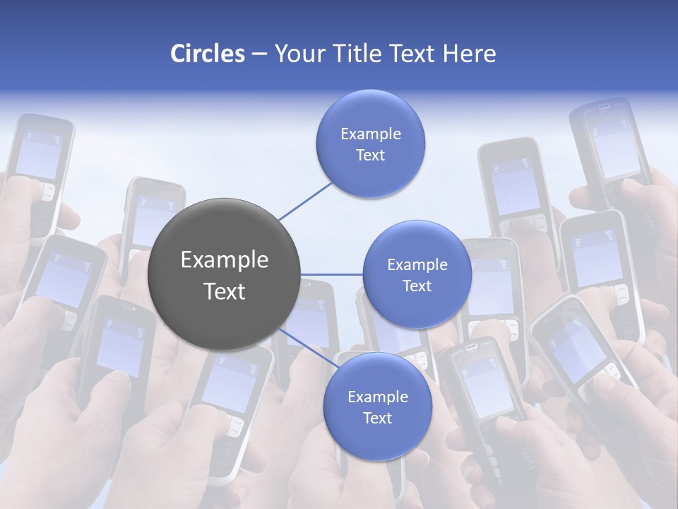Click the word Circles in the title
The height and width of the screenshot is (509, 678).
click(x=207, y=54)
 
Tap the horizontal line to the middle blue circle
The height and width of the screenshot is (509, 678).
click(x=331, y=274)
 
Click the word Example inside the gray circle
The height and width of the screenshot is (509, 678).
click(x=224, y=260)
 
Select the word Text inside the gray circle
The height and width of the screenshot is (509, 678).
click(x=224, y=291)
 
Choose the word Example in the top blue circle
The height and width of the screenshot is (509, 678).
click(x=370, y=134)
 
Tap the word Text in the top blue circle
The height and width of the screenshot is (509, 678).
click(x=370, y=156)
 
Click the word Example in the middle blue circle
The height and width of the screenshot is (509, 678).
click(x=417, y=265)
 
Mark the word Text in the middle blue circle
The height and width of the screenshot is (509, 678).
click(x=417, y=286)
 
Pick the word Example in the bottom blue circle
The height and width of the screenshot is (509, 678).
click(x=377, y=397)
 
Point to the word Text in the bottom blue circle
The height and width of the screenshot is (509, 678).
click(x=377, y=419)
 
